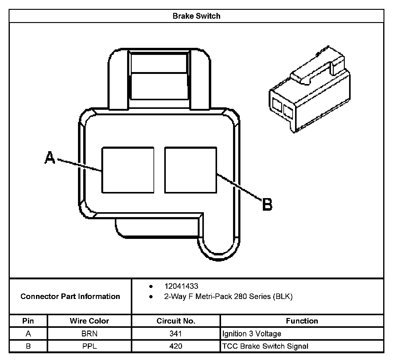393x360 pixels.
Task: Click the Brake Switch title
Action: [196, 16]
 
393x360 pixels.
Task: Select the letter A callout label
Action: [50, 158]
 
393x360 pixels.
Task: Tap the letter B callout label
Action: [267, 205]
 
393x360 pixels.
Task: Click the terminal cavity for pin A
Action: [128, 170]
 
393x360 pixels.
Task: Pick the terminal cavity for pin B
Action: [191, 170]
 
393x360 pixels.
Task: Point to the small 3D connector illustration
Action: [309, 90]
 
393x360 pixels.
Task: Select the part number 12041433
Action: [181, 286]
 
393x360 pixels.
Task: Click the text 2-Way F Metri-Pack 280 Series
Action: [228, 297]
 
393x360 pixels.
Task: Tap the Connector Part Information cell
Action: [70, 297]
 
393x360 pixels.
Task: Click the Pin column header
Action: [28, 321]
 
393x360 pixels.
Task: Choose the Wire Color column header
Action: [89, 321]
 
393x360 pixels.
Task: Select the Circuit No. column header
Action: [176, 321]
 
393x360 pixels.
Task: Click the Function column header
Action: [302, 321]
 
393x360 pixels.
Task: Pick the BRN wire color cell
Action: [89, 334]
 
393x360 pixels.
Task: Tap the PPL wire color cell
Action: [89, 346]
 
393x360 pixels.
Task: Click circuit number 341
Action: [176, 334]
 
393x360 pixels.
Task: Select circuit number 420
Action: [176, 346]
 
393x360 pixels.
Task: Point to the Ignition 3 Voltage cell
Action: [252, 334]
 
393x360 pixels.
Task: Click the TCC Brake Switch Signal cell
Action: [265, 346]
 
